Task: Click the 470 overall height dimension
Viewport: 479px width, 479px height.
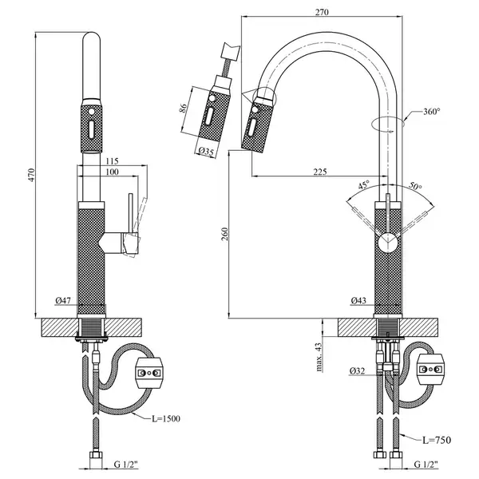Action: (32, 175)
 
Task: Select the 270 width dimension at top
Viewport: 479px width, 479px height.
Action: (322, 12)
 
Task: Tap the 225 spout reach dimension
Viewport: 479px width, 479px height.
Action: (320, 172)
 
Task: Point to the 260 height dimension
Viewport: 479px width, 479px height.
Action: (225, 234)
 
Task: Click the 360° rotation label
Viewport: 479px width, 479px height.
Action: (432, 112)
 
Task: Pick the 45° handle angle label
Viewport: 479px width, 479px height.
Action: (364, 185)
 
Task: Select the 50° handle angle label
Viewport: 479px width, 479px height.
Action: (415, 185)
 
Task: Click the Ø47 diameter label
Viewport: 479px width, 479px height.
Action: (63, 301)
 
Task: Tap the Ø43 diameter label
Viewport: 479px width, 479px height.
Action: (358, 301)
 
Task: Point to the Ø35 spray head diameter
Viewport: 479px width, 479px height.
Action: (206, 152)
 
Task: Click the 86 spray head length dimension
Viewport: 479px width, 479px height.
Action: (183, 108)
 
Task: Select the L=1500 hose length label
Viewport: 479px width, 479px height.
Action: (166, 418)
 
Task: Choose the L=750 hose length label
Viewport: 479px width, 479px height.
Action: (437, 440)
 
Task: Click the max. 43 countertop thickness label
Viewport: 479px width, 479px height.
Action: (319, 357)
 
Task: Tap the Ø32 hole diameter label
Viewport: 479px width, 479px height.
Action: (358, 371)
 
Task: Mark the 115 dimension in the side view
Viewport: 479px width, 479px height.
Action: (112, 161)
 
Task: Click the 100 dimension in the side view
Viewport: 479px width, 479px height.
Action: (112, 172)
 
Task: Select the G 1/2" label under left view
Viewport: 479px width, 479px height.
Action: (126, 465)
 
